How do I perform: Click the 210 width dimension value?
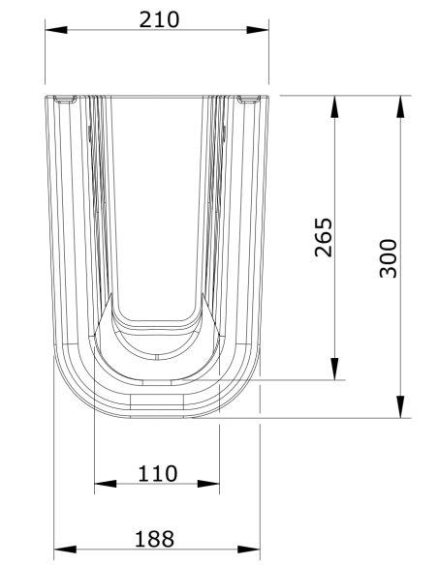click(158, 18)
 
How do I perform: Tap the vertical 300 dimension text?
click(388, 257)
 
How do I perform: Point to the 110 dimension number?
click(157, 473)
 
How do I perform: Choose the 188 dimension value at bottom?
click(155, 538)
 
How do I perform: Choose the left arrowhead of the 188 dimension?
click(64, 550)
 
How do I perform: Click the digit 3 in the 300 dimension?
click(388, 272)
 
